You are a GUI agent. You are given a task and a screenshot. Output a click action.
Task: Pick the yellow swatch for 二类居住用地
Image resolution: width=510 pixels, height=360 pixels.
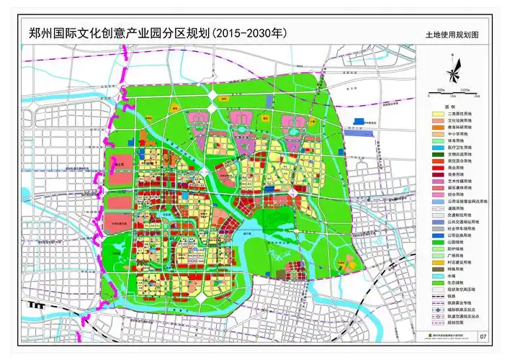coord(437,114)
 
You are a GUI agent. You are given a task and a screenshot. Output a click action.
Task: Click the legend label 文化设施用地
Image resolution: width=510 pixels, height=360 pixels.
coord(460,120)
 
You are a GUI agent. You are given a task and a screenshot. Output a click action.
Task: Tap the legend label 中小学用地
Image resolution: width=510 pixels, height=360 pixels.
coord(458,133)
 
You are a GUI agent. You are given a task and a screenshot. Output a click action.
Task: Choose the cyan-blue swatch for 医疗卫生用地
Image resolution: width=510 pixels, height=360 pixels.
coord(437,147)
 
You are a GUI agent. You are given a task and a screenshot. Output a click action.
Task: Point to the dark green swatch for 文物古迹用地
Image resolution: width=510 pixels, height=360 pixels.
coord(437,154)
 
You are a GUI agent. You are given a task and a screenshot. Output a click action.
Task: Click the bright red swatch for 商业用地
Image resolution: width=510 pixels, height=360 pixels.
coord(437,167)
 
